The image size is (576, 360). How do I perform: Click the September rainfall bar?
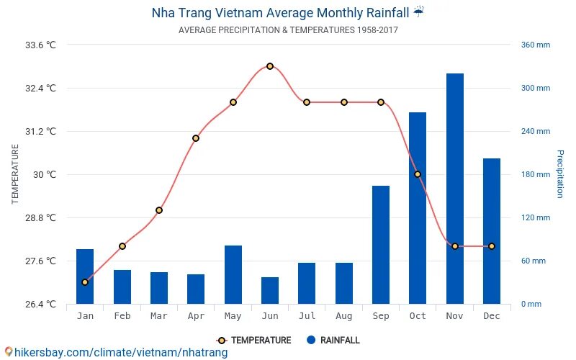(381, 245)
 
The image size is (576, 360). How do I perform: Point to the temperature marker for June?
(270, 66)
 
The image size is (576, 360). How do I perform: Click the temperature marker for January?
(85, 282)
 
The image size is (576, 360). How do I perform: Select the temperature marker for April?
(196, 138)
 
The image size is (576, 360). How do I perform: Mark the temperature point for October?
(418, 174)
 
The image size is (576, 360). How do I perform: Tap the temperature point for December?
(492, 246)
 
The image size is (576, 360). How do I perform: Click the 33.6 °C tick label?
(40, 45)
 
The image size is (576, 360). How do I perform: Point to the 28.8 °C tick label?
(40, 217)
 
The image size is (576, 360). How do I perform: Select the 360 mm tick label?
(535, 45)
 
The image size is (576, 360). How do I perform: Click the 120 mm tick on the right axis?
(535, 217)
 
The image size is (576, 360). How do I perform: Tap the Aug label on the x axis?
(344, 316)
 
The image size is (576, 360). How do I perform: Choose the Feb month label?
(122, 316)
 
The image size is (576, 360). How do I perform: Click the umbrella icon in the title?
(419, 12)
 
